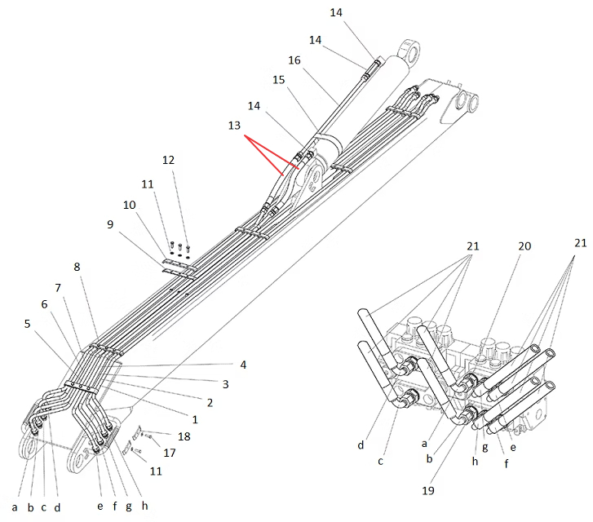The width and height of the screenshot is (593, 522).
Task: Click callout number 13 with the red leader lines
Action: (x=234, y=126)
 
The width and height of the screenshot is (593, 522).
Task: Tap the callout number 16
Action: (x=294, y=60)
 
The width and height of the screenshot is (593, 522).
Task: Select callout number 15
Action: (x=279, y=80)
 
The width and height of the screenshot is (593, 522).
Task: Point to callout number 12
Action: (x=168, y=160)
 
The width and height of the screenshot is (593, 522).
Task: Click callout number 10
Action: (x=130, y=205)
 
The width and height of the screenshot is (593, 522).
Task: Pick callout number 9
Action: (x=110, y=224)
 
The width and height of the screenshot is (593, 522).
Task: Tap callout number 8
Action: (x=77, y=267)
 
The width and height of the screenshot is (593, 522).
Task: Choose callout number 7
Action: (x=58, y=288)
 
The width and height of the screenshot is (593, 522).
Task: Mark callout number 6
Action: (x=45, y=304)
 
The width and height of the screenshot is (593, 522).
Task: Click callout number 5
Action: (x=27, y=324)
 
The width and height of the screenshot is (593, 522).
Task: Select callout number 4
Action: (x=243, y=365)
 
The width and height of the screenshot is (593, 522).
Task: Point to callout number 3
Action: (x=225, y=384)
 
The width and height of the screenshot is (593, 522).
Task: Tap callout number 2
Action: (x=210, y=402)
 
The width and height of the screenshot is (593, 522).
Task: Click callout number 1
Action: (x=195, y=419)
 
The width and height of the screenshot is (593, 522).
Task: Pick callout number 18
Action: (x=184, y=436)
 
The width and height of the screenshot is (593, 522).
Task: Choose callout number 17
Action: (x=170, y=453)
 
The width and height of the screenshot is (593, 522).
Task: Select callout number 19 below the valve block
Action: (x=427, y=491)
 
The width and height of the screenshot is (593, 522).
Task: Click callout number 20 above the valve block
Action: (x=524, y=246)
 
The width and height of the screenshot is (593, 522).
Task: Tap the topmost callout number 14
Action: (x=336, y=12)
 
